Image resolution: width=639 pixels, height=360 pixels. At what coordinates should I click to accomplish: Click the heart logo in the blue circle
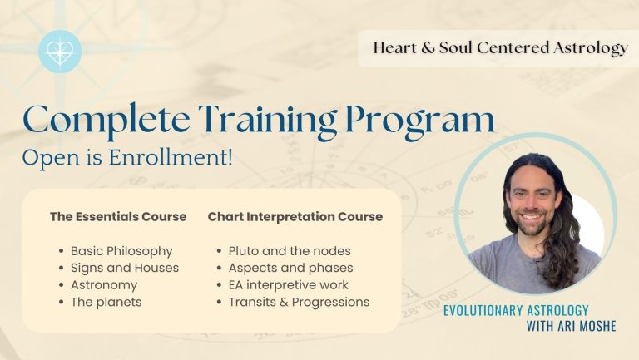click(60, 52)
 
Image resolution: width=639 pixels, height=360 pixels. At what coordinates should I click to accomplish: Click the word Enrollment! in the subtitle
click(171, 157)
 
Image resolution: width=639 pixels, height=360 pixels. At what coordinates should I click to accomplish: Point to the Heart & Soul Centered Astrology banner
click(500, 47)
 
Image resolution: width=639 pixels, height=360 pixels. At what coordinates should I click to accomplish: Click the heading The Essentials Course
click(118, 217)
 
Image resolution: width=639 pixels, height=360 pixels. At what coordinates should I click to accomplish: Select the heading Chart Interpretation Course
click(295, 217)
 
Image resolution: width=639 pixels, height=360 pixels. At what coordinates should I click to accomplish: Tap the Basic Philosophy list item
click(121, 251)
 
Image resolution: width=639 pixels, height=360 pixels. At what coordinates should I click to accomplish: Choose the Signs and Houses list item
click(125, 268)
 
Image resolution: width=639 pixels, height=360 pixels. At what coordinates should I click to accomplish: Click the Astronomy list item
click(104, 285)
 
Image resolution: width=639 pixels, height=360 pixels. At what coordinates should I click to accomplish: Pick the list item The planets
click(106, 302)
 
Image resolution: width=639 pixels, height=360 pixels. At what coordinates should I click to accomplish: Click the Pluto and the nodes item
click(290, 251)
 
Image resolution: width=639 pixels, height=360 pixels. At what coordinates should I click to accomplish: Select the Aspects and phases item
click(290, 268)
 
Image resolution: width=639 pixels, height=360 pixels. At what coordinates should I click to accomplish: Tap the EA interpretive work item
click(288, 285)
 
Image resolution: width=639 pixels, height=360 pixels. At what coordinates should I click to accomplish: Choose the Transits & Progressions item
click(299, 302)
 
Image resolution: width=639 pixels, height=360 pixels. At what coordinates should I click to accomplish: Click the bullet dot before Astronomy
click(61, 285)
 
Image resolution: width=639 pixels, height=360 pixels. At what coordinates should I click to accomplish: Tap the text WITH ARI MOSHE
click(571, 326)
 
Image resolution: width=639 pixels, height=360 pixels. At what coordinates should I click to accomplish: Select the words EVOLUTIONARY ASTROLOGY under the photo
click(516, 310)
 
